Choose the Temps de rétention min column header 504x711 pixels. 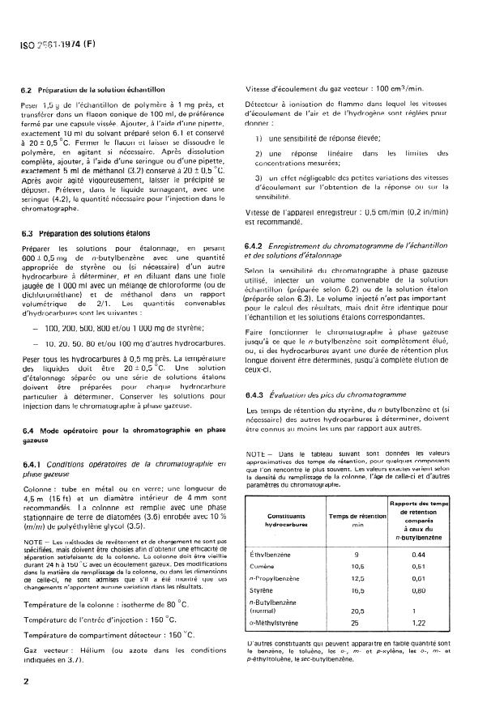point(377,519)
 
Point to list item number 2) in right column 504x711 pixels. point(258,154)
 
